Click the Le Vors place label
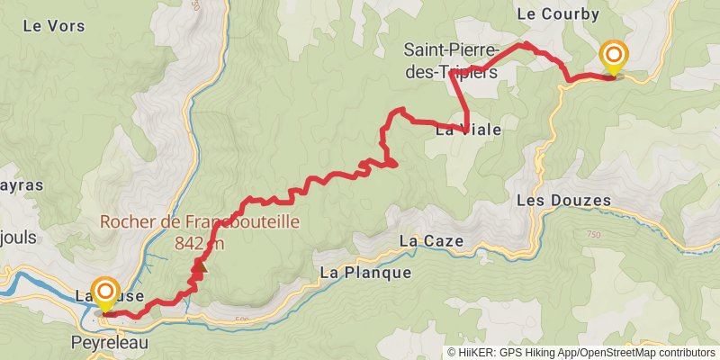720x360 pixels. (54, 25)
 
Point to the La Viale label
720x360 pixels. (468, 130)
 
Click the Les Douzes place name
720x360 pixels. (564, 200)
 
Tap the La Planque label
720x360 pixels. (365, 273)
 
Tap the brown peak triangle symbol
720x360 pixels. (200, 265)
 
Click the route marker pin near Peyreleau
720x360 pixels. (106, 293)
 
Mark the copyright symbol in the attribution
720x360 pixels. (452, 352)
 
